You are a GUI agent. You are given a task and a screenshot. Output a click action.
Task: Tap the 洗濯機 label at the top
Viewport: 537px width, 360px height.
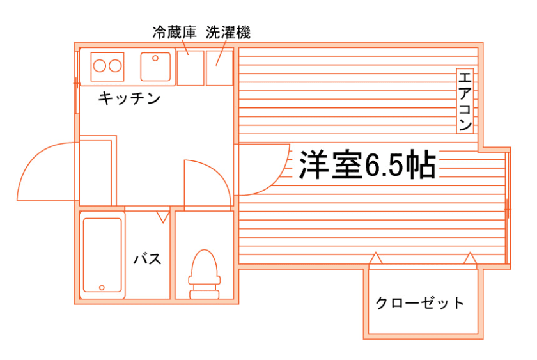click(x=228, y=31)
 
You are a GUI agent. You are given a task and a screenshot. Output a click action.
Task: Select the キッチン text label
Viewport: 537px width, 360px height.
click(x=128, y=98)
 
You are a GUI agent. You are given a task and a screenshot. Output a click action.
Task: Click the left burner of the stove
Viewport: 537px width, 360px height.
click(x=100, y=65)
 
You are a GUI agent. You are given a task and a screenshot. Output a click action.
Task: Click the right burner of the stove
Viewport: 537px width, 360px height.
click(x=115, y=65)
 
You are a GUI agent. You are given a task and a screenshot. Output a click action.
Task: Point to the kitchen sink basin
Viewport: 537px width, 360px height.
click(x=155, y=65)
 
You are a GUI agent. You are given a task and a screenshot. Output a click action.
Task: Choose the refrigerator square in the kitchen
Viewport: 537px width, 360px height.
click(x=190, y=67)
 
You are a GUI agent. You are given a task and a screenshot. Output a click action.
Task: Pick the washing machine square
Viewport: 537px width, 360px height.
click(x=219, y=67)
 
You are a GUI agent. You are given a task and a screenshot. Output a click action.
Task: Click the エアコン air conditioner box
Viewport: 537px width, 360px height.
click(x=465, y=100)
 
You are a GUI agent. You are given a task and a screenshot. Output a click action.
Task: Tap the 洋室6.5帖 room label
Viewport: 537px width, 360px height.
click(x=368, y=166)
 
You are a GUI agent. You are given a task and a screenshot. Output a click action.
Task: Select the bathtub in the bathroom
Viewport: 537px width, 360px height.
click(x=102, y=255)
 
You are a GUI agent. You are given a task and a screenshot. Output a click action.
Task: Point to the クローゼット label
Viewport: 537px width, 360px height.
click(x=419, y=302)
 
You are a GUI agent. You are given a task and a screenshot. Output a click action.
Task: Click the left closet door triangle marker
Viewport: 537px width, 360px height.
click(x=377, y=259)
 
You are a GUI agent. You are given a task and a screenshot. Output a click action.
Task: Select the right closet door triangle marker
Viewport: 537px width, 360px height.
click(x=470, y=259)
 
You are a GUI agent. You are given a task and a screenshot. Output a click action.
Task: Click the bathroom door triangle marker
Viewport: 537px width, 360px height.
click(x=163, y=217)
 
